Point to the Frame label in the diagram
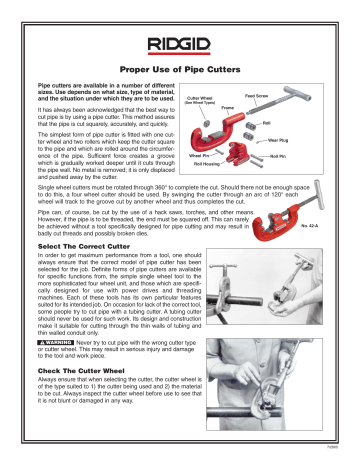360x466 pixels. [x=229, y=115]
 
